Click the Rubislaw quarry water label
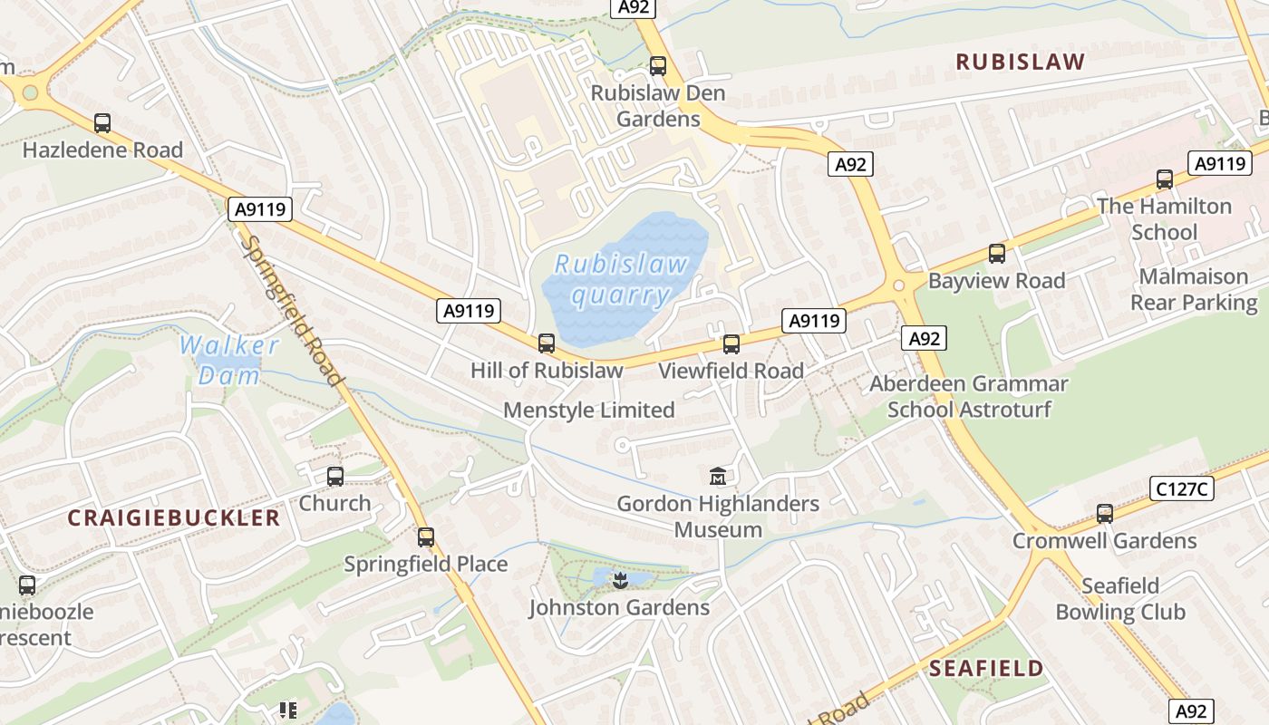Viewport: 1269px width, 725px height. click(622, 279)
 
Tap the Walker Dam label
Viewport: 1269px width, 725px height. click(229, 360)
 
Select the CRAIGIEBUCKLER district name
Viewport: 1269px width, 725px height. click(174, 517)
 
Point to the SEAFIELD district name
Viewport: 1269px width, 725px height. click(986, 669)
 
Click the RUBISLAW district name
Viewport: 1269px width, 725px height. click(1020, 62)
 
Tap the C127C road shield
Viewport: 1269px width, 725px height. click(1183, 488)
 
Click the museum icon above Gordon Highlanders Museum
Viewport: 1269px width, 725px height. click(718, 475)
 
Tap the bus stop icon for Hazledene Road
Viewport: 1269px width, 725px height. click(102, 123)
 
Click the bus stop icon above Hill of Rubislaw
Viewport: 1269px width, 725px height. click(546, 343)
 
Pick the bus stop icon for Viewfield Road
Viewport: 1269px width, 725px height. click(731, 343)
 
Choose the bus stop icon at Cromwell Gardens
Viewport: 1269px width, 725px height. click(1104, 514)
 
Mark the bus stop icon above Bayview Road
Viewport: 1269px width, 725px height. click(996, 254)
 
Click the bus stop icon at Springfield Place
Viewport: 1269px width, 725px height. click(425, 537)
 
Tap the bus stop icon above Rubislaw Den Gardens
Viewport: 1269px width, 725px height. click(657, 66)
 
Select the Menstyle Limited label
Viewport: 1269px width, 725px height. click(588, 410)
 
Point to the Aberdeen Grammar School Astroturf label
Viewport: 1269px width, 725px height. click(969, 396)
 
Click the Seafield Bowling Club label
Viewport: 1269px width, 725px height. click(1120, 598)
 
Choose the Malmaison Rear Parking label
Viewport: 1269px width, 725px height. click(1194, 289)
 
